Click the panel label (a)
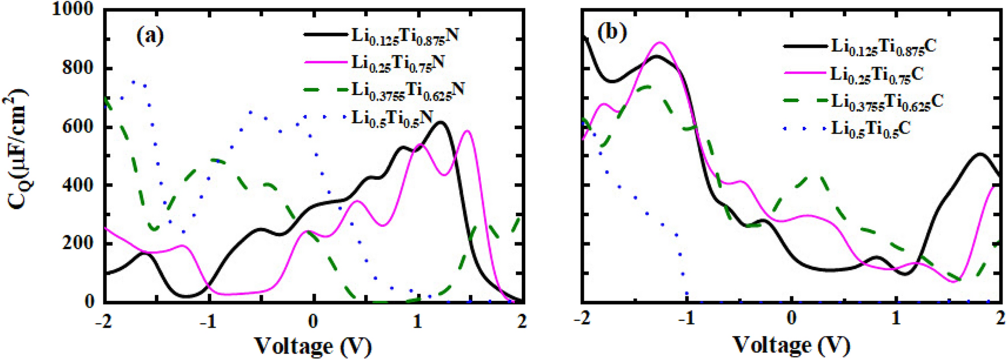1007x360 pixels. click(150, 36)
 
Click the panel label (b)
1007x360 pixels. click(612, 32)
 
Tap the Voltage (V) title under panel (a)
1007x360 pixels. click(312, 345)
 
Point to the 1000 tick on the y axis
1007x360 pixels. click(72, 9)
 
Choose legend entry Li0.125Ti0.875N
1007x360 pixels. click(405, 36)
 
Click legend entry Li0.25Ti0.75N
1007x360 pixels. click(397, 63)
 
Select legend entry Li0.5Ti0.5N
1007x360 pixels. click(392, 118)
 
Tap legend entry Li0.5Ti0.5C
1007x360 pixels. click(870, 129)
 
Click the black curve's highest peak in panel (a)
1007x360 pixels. click(441, 122)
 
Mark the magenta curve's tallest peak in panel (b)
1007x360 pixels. click(660, 43)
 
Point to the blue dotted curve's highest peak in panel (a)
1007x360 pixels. click(134, 81)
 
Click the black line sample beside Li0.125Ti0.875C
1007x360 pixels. click(804, 46)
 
